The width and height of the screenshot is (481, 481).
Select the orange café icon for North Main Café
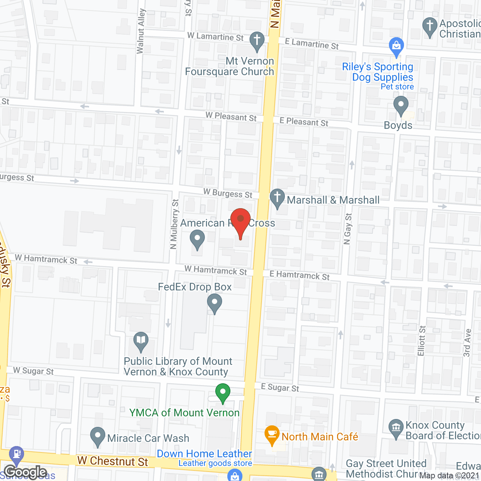272,434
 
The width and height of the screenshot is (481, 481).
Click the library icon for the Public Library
141,341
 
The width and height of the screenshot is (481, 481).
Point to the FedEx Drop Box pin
215,303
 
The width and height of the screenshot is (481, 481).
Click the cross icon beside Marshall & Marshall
277,198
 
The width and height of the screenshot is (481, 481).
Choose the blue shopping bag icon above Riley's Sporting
396,46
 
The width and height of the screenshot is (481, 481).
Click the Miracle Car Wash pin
98,436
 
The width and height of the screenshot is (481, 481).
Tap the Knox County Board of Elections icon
396,428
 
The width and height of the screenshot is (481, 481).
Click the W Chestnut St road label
113,461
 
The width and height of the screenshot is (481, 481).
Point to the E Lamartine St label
312,44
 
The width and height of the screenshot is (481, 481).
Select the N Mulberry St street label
174,224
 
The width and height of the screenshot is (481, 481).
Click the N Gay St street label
348,229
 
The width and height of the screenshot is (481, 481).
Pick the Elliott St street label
422,341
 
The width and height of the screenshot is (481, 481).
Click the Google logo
26,472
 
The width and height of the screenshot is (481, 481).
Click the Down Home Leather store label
204,454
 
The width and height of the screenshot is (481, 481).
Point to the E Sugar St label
280,387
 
